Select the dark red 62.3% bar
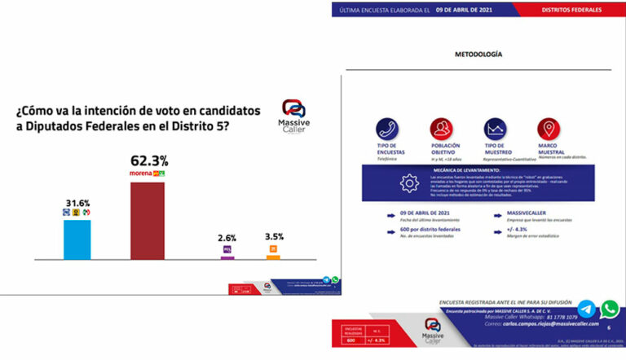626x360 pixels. (148, 221)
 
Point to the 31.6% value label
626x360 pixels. (77, 200)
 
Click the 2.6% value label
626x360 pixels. (227, 238)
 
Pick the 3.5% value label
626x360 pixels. (273, 237)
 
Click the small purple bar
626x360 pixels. (227, 257)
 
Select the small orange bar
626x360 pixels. (273, 257)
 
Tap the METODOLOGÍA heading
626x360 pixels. (478, 55)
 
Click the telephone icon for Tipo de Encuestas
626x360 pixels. (388, 129)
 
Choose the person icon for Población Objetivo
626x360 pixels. (441, 129)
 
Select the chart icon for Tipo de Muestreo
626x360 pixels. (495, 129)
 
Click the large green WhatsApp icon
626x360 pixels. (609, 309)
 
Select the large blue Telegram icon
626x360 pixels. (586, 309)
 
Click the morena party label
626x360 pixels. (141, 173)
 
